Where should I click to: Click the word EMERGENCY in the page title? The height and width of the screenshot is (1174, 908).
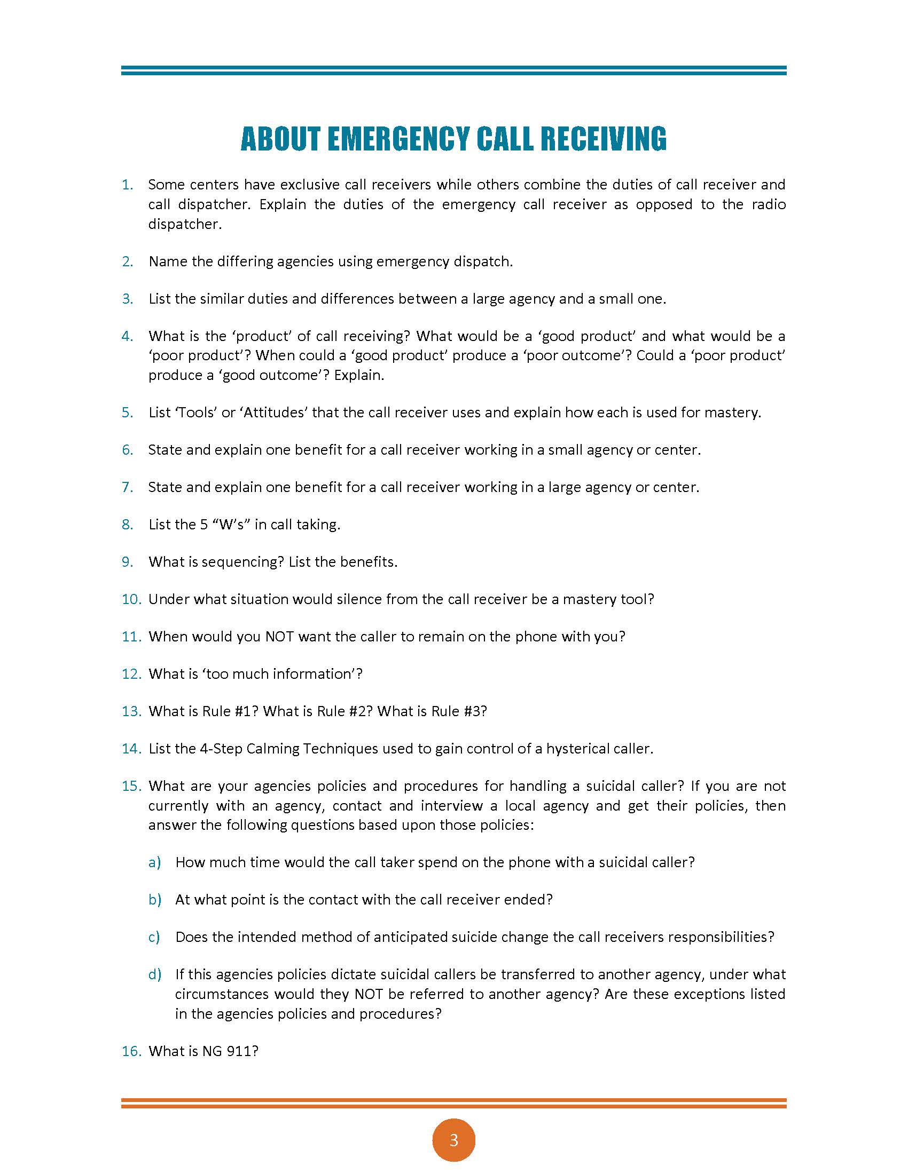[x=398, y=139]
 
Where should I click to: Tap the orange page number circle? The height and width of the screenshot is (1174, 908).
[x=453, y=1140]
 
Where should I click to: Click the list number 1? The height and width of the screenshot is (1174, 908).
[x=127, y=185]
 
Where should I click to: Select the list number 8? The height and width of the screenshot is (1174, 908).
[x=127, y=525]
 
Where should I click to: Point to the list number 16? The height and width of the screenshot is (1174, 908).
[x=131, y=1051]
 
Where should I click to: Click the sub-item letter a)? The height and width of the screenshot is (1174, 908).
[x=154, y=862]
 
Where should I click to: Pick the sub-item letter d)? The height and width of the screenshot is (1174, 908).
[x=154, y=974]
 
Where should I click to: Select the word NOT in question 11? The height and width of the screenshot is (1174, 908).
[x=279, y=637]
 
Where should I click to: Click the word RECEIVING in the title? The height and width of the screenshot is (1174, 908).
[x=603, y=139]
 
